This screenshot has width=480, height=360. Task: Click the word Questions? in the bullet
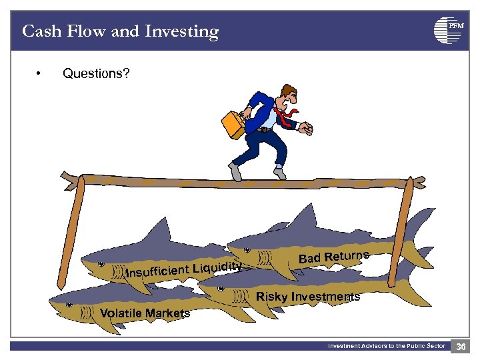(x=96, y=73)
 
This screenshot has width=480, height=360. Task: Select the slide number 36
(x=461, y=346)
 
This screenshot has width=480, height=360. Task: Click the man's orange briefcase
(x=232, y=124)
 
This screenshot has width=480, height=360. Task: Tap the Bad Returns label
(x=333, y=257)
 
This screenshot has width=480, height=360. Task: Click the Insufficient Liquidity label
(x=183, y=270)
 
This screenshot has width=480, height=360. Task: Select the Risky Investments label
(x=308, y=297)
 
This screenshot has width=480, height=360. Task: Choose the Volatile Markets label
(x=145, y=313)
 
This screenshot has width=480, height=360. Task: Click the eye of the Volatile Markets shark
(x=69, y=304)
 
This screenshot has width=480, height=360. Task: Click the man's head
(x=288, y=95)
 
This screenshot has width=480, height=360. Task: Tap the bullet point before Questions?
(x=41, y=73)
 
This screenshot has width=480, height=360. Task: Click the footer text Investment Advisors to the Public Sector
(x=386, y=346)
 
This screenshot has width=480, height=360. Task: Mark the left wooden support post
(x=70, y=233)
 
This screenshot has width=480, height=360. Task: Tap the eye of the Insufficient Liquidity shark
(x=101, y=265)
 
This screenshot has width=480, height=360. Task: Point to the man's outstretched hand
(x=306, y=127)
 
